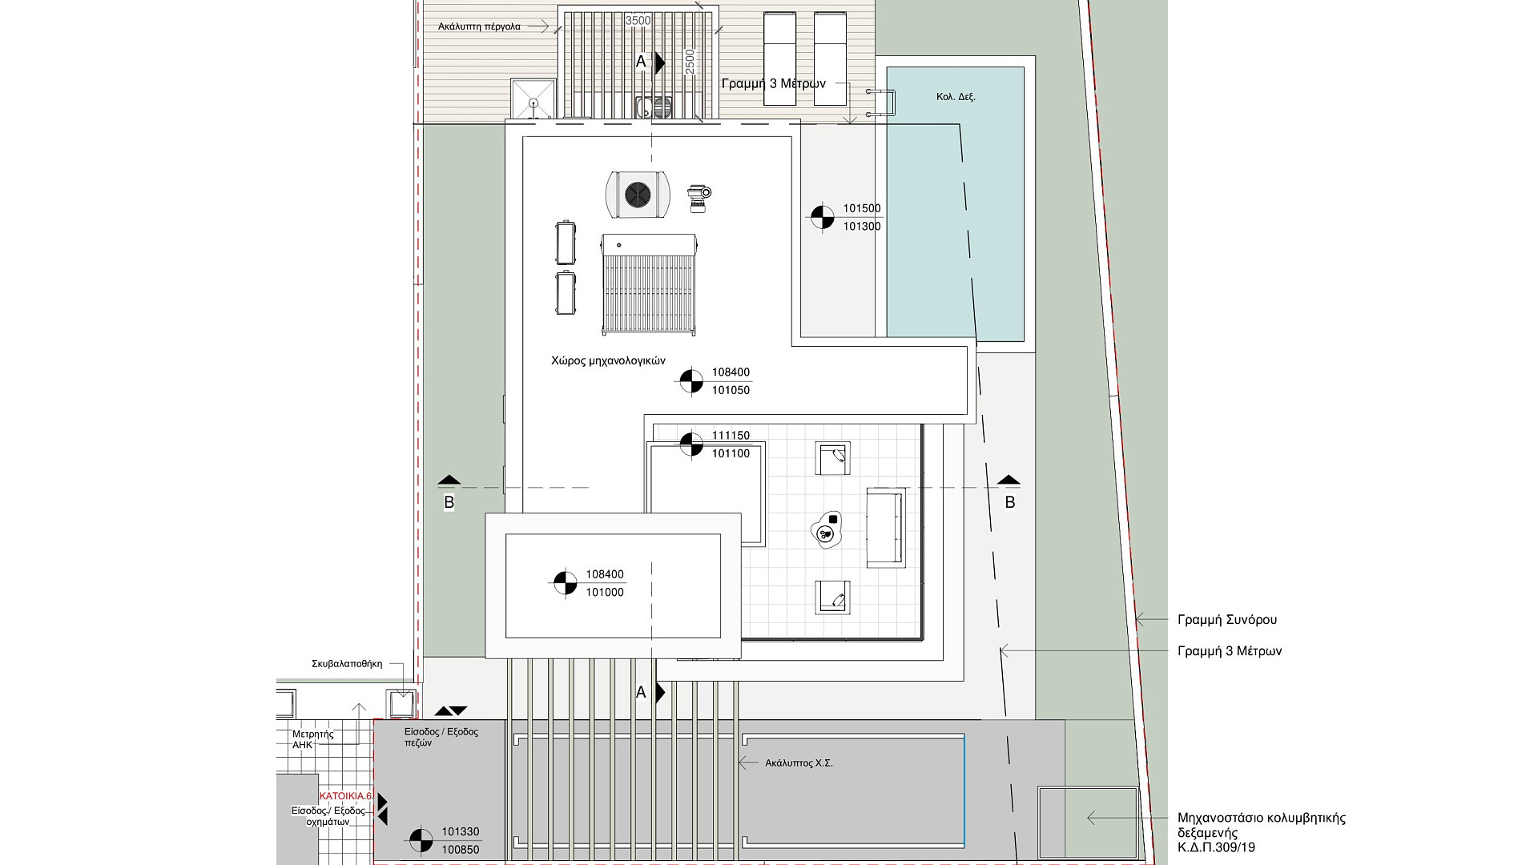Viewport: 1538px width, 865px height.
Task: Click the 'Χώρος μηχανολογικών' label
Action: [x=608, y=360]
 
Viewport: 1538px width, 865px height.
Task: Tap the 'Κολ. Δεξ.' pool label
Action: [x=956, y=97]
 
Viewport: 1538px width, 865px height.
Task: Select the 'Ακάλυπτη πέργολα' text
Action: [x=479, y=26]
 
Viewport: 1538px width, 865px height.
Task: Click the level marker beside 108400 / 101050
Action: [x=691, y=381]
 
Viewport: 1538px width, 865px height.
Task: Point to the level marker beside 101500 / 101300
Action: [x=822, y=217]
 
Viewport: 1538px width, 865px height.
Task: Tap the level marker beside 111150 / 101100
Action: [x=690, y=444]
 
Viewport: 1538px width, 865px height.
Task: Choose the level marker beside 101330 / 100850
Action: [x=421, y=840]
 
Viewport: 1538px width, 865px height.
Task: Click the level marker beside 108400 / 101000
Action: [x=565, y=582]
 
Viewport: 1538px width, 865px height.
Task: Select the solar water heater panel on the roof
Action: [x=649, y=284]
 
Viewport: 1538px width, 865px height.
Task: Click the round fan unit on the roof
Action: [x=637, y=194]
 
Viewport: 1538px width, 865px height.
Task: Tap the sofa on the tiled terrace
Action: [x=886, y=528]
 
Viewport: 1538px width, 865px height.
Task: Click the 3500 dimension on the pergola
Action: [x=638, y=20]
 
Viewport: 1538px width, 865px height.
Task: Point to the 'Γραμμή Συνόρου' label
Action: [x=1227, y=620]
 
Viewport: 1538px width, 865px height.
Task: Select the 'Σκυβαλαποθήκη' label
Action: [x=347, y=664]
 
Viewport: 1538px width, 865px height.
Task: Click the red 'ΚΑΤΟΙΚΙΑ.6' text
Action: [x=345, y=796]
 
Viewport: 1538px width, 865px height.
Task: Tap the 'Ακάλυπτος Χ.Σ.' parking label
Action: [x=799, y=763]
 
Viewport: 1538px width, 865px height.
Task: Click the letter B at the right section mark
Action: [x=1010, y=502]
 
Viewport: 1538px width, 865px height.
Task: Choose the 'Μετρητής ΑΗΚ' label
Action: [x=313, y=739]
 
